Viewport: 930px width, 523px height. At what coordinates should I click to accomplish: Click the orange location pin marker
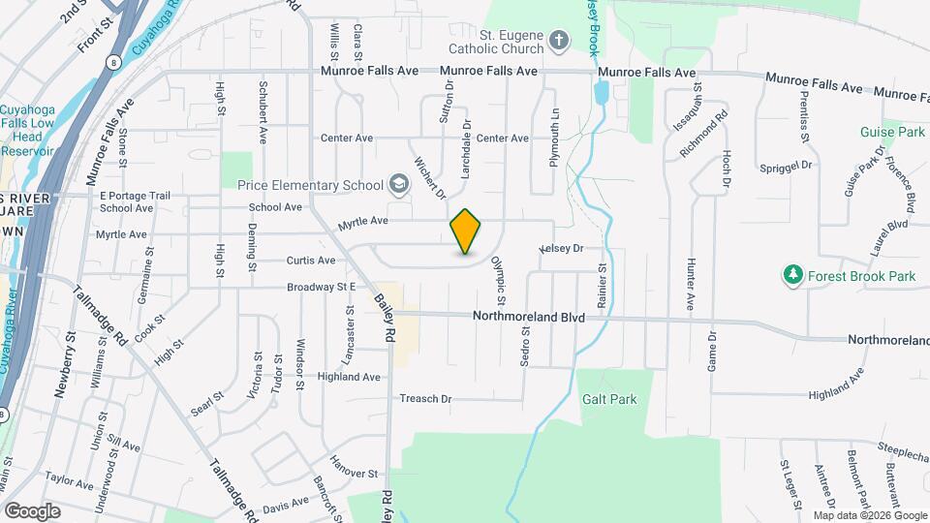click(x=466, y=231)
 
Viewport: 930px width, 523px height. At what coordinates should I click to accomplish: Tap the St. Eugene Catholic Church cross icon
click(x=558, y=41)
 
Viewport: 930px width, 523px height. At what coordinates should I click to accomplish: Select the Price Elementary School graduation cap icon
click(x=397, y=184)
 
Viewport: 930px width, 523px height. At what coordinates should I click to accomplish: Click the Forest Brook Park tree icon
click(x=793, y=276)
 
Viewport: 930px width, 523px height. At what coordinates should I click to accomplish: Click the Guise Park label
click(x=892, y=132)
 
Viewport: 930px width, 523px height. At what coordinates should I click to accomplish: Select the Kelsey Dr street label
click(x=562, y=249)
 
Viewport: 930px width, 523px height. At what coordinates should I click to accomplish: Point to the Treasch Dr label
click(x=426, y=399)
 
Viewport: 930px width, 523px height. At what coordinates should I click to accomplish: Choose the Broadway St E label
click(x=322, y=288)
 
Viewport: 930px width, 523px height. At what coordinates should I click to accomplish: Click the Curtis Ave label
click(x=311, y=261)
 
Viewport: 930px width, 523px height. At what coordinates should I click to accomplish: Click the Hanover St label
click(x=353, y=474)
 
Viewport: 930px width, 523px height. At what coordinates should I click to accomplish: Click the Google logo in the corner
click(x=32, y=510)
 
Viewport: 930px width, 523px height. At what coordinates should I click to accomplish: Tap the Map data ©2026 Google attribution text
click(x=870, y=515)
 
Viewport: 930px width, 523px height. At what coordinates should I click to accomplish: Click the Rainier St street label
click(x=602, y=286)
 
